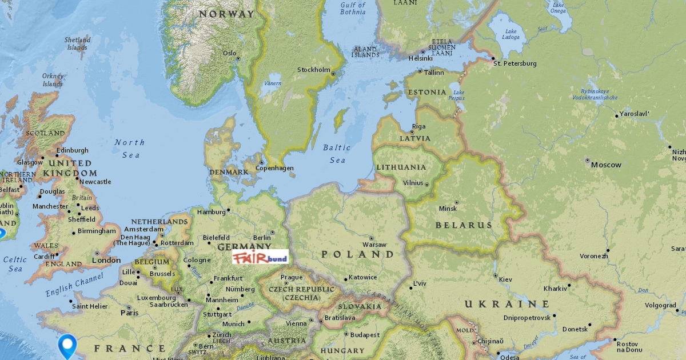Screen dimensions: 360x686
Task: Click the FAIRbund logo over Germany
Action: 260,258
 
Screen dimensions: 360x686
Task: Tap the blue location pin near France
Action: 68,345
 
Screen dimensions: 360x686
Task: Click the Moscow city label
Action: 606,165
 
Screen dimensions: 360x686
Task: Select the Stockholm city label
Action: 314,70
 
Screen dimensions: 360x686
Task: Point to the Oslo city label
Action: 229,53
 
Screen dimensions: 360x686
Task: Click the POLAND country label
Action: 358,254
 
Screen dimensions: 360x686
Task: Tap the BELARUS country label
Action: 464,225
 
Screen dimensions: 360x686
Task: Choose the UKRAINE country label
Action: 506,304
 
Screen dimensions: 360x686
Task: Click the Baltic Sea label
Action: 337,154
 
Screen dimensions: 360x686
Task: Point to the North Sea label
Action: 130,149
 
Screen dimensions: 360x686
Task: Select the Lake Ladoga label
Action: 511,34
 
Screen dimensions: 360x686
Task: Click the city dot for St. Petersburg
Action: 493,58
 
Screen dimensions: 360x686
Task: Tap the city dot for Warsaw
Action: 371,238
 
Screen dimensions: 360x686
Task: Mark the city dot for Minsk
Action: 456,202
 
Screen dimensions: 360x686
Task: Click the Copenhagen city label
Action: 275,168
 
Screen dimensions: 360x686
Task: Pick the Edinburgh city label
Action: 72,150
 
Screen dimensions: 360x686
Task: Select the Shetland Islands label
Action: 77,44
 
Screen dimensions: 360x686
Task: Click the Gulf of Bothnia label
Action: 353,9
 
